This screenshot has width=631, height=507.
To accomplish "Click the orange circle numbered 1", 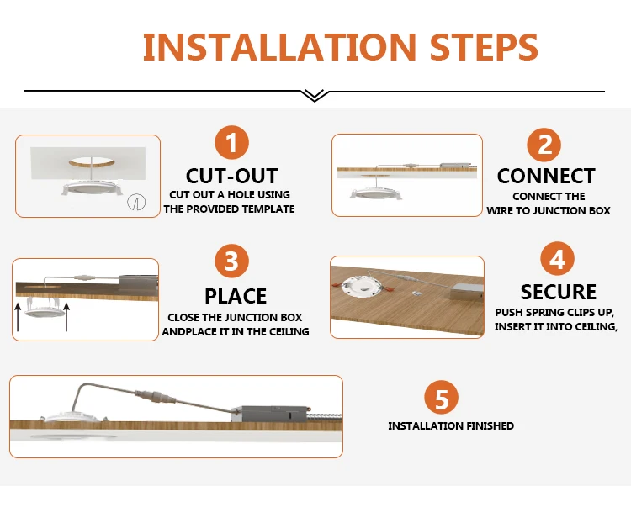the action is (232, 142).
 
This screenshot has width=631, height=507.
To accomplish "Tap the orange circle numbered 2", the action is (544, 145).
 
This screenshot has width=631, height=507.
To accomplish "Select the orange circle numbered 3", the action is (232, 261).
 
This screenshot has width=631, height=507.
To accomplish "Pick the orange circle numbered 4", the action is (557, 258).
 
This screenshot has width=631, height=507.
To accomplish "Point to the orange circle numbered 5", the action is (442, 397).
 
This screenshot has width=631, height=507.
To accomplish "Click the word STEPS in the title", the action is (484, 46).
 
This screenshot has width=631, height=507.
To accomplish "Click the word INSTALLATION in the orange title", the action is (279, 46).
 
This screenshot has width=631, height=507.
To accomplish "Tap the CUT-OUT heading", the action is (232, 176).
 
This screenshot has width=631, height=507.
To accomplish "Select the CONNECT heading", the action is (546, 176).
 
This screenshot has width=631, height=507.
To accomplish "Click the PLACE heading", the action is (236, 296).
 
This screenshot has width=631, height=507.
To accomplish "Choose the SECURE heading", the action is (558, 292).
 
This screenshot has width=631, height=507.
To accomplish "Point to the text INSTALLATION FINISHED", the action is (451, 425).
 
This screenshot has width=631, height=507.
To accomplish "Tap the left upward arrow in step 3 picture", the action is (18, 317).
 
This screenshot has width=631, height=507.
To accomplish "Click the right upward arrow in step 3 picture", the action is (66, 317).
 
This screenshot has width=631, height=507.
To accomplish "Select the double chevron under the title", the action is (315, 96).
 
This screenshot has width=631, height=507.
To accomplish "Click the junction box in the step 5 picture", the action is (271, 414).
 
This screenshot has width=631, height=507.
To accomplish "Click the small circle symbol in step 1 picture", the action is (136, 203).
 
